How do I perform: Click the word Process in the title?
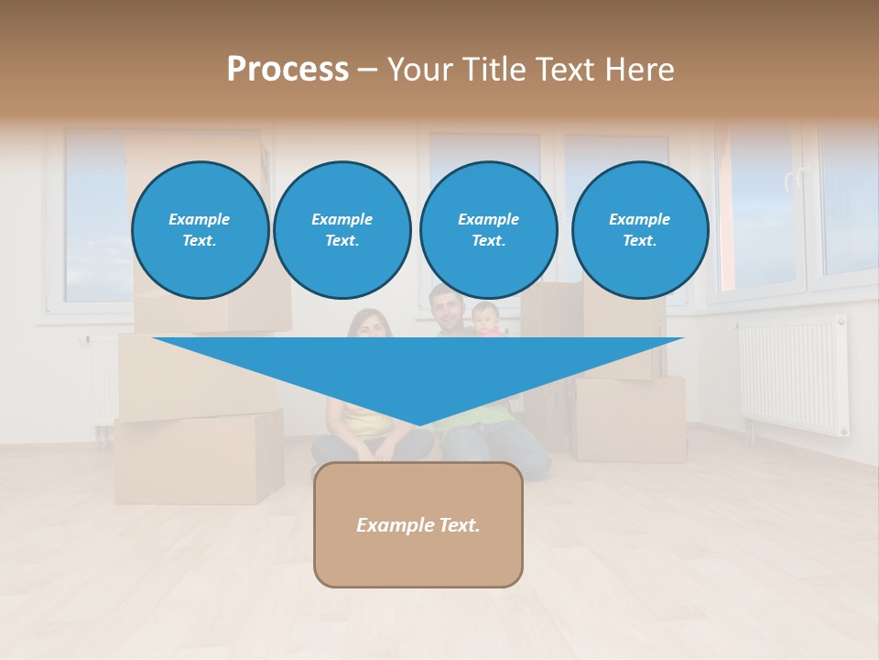(x=288, y=70)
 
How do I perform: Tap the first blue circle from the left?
(x=200, y=230)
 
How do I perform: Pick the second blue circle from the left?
(x=342, y=230)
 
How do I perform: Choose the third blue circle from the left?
(x=488, y=230)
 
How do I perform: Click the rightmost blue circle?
(x=639, y=230)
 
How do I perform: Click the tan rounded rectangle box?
(x=418, y=524)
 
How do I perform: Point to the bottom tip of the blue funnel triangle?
(x=418, y=423)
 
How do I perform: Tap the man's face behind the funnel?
(x=446, y=309)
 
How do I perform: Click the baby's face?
(x=485, y=318)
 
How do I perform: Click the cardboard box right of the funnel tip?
(x=631, y=418)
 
